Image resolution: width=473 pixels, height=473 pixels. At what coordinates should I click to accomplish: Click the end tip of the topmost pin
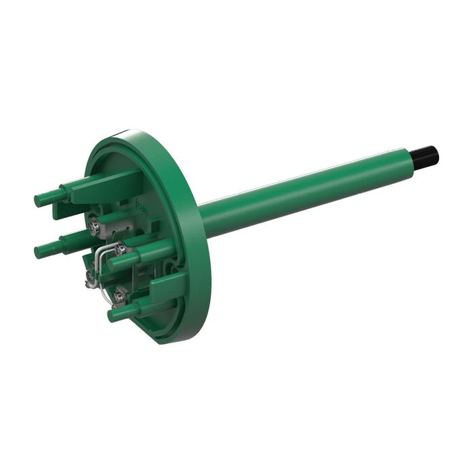39,199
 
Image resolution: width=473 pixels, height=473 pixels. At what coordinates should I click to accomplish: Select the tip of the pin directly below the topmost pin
39,252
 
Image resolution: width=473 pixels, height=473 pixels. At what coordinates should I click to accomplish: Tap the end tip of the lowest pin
113,316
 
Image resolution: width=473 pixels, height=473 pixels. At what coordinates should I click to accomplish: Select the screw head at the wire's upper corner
120,249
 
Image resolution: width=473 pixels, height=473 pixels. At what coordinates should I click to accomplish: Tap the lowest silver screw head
120,295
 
